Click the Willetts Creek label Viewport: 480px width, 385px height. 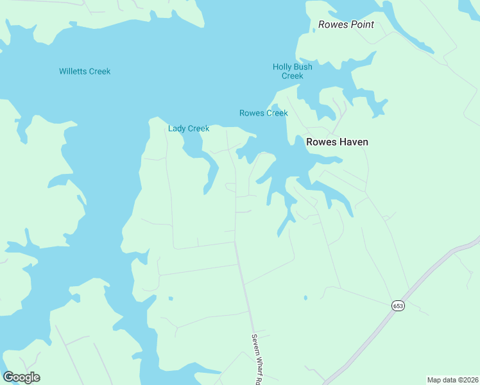click(85, 71)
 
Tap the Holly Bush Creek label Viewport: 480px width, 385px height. click(292, 71)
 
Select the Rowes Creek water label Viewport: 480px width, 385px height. click(263, 113)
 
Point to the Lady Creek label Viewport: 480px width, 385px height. click(189, 128)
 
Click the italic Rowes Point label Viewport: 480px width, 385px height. click(346, 25)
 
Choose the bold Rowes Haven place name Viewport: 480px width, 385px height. click(337, 142)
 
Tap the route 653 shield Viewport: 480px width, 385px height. click(398, 306)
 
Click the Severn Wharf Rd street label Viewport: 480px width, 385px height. click(255, 359)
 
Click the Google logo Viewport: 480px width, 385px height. click(21, 377)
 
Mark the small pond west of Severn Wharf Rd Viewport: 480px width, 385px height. click(170, 298)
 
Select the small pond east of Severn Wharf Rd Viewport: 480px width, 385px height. click(305, 297)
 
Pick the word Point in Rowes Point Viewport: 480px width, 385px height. click(361, 25)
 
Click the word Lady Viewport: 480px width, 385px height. click(177, 128)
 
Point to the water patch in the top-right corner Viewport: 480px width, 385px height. click(470, 6)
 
